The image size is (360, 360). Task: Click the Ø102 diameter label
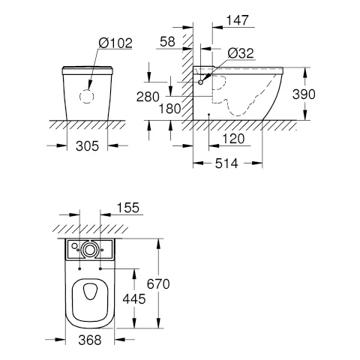click(115, 43)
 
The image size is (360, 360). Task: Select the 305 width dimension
click(87, 146)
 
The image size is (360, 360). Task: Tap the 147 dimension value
click(238, 20)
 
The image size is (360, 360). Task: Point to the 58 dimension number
click(167, 42)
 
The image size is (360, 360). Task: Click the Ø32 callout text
click(241, 53)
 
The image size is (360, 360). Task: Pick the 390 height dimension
click(304, 94)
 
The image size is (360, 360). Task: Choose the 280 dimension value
click(148, 97)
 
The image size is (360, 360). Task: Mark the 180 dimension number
click(170, 109)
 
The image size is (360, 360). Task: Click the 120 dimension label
click(233, 139)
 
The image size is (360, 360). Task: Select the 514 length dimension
click(226, 163)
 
